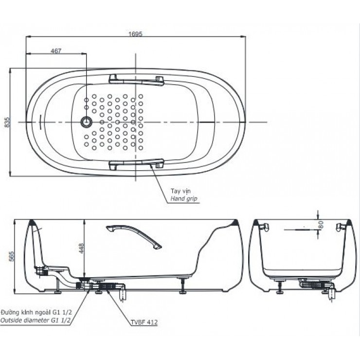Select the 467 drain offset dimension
pos(56,50)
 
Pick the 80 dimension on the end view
pos(322,225)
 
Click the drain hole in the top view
pos(87,122)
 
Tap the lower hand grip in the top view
pos(137,165)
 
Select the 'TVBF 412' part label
pos(144,322)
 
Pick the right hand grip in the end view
pos(340,226)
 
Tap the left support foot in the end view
pos(281,290)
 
